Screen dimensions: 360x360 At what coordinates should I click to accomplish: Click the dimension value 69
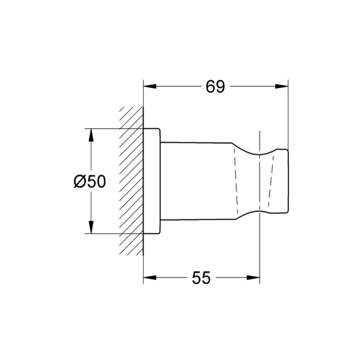point(215,87)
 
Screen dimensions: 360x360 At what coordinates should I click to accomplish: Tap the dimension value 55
point(201,278)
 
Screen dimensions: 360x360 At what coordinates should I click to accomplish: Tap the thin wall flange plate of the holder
point(152,181)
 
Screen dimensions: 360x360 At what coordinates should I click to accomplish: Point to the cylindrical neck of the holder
point(194,181)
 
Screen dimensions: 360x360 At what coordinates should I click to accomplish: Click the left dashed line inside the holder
point(236,181)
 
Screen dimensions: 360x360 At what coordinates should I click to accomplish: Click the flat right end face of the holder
point(288,181)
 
